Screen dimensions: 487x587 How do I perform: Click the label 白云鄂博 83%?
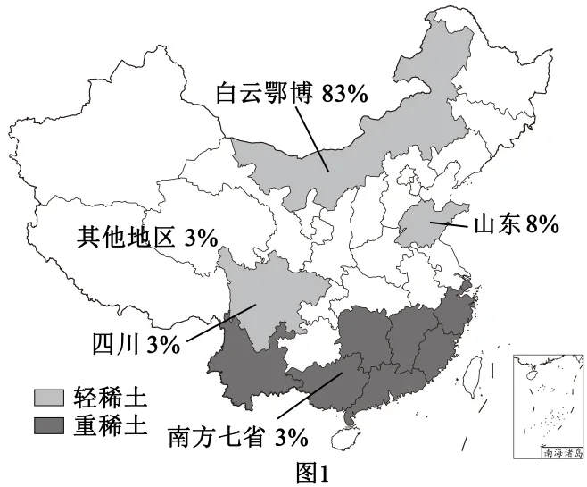pyautogui.click(x=291, y=93)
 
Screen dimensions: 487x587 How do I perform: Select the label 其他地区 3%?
pyautogui.click(x=147, y=238)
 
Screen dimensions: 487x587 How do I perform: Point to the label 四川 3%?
pyautogui.click(x=136, y=343)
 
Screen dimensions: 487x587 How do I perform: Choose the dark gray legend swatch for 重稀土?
pyautogui.click(x=47, y=421)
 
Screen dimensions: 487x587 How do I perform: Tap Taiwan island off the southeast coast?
pyautogui.click(x=470, y=368)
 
